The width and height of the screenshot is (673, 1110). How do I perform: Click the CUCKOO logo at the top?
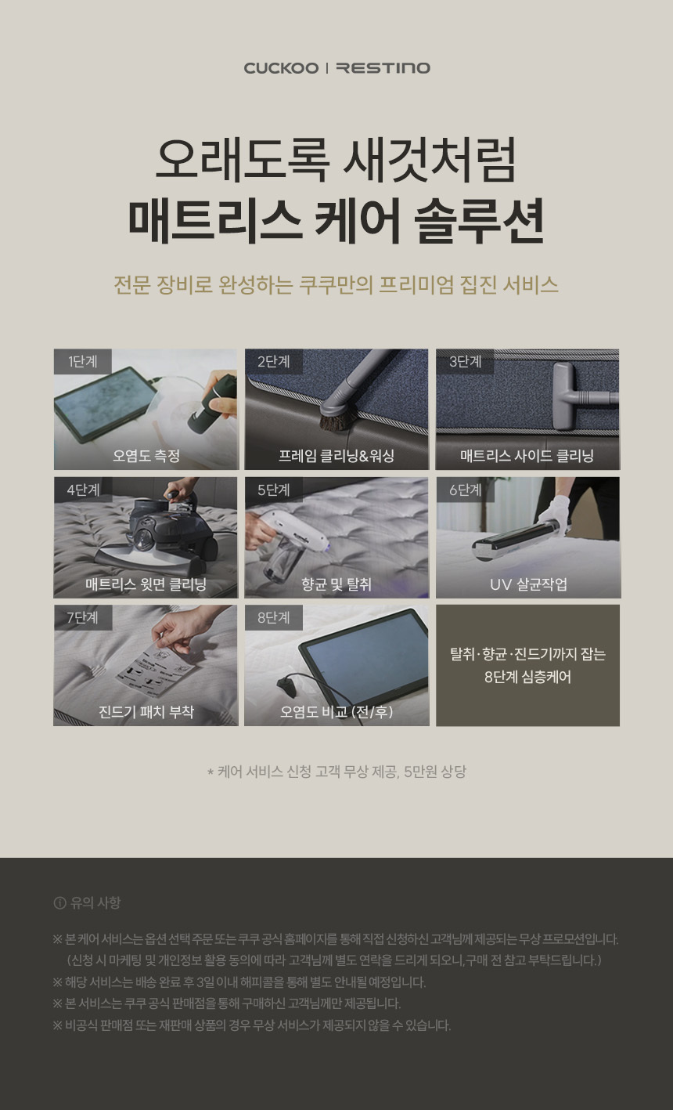click(x=281, y=68)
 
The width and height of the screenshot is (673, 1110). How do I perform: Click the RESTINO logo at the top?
click(x=383, y=68)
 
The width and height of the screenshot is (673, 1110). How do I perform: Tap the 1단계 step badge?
click(x=83, y=361)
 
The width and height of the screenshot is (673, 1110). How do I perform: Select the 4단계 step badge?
click(x=83, y=490)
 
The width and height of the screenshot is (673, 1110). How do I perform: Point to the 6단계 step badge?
click(x=465, y=490)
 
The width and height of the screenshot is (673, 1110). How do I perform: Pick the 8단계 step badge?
click(x=273, y=617)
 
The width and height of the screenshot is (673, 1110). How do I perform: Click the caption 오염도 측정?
click(x=146, y=455)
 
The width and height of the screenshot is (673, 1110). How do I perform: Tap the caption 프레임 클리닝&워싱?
click(x=336, y=455)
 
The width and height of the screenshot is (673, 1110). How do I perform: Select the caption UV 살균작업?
click(x=528, y=584)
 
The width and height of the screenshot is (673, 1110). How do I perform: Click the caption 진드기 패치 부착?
click(x=146, y=711)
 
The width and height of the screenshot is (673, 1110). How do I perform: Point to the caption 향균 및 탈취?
click(x=336, y=584)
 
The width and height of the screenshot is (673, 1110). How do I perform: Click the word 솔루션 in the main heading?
click(x=479, y=221)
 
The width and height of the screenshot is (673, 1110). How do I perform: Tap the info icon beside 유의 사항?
click(x=60, y=903)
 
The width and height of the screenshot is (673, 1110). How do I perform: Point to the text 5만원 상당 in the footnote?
click(x=435, y=772)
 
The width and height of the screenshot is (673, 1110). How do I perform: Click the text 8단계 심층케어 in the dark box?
click(x=527, y=676)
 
